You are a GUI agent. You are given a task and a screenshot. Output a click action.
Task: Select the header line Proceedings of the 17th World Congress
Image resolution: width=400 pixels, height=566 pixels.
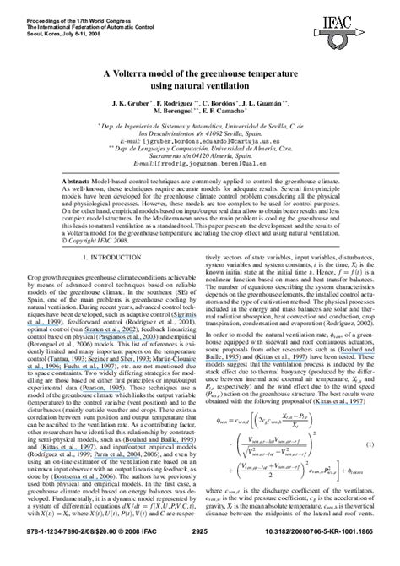(59, 6)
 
